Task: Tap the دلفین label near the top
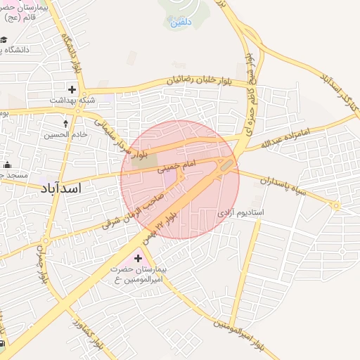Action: pos(179,22)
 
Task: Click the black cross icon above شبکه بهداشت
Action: pos(72,89)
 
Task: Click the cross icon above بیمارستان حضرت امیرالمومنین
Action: pos(137,259)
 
